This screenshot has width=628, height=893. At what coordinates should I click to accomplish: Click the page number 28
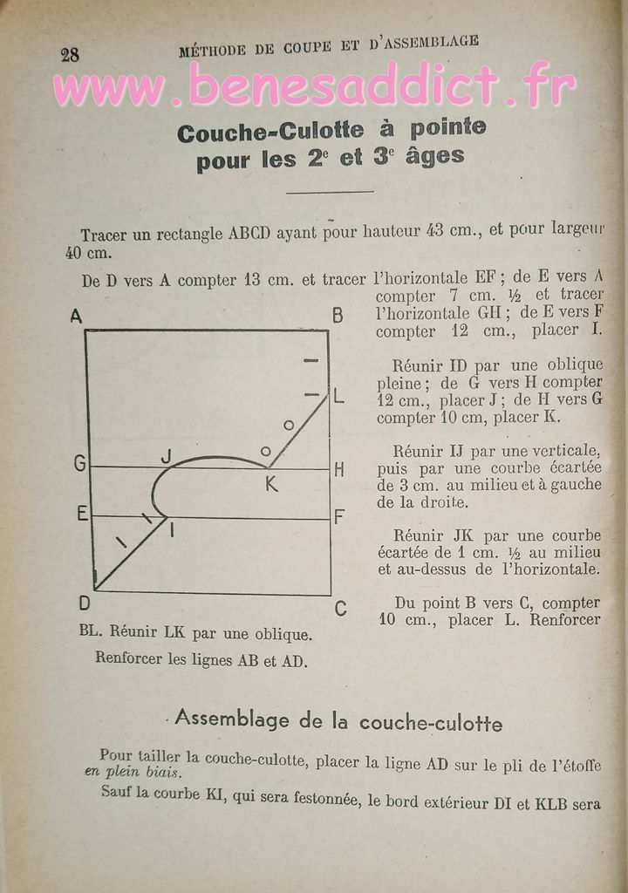click(70, 54)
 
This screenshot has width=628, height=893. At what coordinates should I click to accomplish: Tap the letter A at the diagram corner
click(76, 317)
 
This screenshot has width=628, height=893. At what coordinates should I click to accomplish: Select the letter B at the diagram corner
click(338, 317)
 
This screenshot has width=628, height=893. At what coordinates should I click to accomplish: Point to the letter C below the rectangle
click(340, 609)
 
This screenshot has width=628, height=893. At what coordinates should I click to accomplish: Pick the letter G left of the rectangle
click(79, 464)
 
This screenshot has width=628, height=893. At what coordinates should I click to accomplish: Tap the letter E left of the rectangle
click(82, 514)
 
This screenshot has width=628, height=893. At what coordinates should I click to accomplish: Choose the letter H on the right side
click(339, 469)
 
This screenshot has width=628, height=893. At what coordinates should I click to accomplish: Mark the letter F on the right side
click(339, 516)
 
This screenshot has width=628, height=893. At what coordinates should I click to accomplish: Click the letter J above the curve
click(167, 454)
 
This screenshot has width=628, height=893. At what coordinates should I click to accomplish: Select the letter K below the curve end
click(271, 485)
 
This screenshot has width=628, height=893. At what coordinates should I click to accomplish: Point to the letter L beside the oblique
click(339, 397)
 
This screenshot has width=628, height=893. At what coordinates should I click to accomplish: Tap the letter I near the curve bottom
click(171, 528)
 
